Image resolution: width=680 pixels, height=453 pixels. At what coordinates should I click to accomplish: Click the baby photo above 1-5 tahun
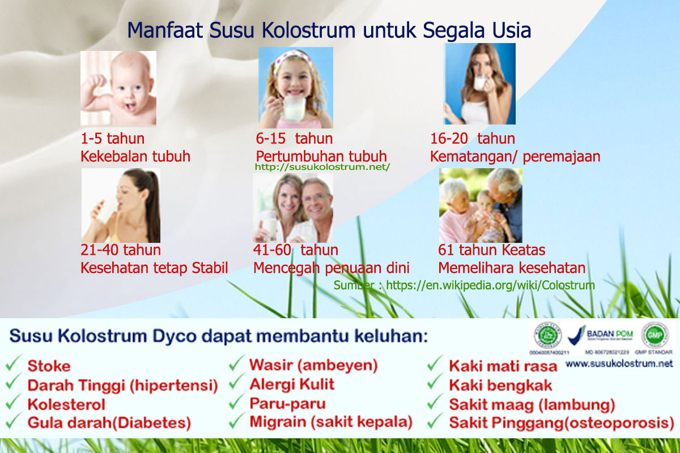118,88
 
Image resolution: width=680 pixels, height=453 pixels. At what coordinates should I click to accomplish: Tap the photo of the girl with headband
295,88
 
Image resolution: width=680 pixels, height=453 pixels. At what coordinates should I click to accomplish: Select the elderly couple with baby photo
481,206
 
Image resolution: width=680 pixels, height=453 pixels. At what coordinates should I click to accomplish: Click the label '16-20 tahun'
473,139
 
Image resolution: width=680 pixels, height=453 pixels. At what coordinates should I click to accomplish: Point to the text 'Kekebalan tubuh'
135,156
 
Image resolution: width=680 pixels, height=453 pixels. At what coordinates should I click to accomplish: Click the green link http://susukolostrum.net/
322,167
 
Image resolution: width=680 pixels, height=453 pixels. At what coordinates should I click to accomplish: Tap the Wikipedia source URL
490,285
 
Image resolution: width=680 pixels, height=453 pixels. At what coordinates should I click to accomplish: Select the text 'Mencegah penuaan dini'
331,268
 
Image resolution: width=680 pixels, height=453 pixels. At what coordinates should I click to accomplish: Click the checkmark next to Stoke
14,364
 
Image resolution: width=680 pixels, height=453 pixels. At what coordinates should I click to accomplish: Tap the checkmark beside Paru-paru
236,403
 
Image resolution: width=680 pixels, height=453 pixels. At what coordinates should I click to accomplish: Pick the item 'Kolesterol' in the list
66,405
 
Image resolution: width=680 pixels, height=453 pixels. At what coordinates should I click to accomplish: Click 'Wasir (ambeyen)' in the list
313,365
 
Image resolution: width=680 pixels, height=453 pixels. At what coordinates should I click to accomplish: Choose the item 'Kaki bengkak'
500,386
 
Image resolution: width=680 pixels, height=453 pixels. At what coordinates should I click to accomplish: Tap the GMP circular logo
654,335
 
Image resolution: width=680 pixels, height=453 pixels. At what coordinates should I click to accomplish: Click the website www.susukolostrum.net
619,364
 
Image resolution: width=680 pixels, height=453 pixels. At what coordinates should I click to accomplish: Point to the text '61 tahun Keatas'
491,250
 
